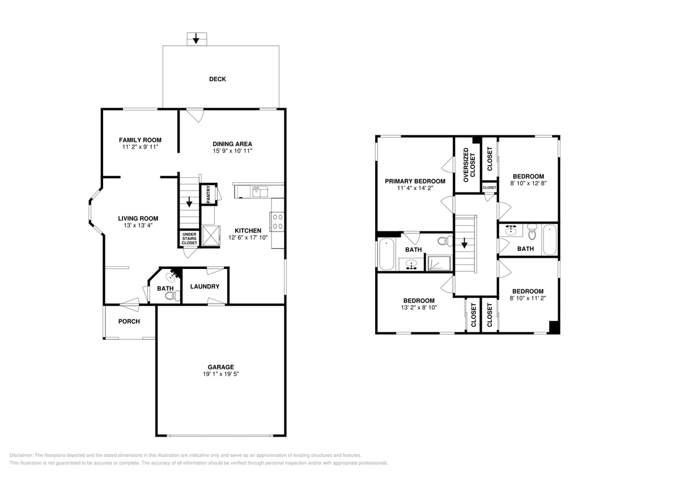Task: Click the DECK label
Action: [x=218, y=79]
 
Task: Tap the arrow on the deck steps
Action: [x=196, y=39]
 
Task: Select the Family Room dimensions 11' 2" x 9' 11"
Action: [x=140, y=147]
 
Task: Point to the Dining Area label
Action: [x=232, y=144]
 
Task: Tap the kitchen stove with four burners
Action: [x=278, y=221]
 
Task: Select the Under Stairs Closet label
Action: [x=189, y=238]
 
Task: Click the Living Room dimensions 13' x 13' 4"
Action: [x=138, y=225]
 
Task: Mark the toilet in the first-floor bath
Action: [x=176, y=295]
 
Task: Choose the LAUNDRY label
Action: [x=205, y=287]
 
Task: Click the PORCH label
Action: [x=129, y=322]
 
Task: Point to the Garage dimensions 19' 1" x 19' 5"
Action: [x=220, y=374]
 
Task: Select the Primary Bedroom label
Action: [x=415, y=181]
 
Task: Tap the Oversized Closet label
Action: [x=469, y=165]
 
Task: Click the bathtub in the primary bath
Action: [x=386, y=255]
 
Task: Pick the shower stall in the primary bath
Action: [x=439, y=263]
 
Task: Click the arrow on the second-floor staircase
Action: [x=464, y=244]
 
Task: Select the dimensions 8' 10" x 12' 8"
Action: [x=528, y=183]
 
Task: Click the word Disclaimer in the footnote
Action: [x=22, y=455]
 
